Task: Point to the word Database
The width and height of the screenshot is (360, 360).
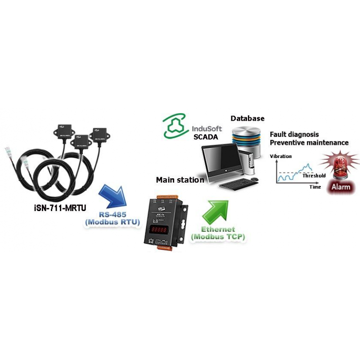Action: [x=247, y=118]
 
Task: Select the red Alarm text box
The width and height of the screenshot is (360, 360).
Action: [x=340, y=186]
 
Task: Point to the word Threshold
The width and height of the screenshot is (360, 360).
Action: [x=314, y=175]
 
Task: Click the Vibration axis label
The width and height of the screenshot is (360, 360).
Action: [x=280, y=157]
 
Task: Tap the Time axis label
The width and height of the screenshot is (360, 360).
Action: [x=315, y=187]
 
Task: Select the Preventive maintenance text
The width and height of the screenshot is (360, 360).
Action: [x=309, y=142]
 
